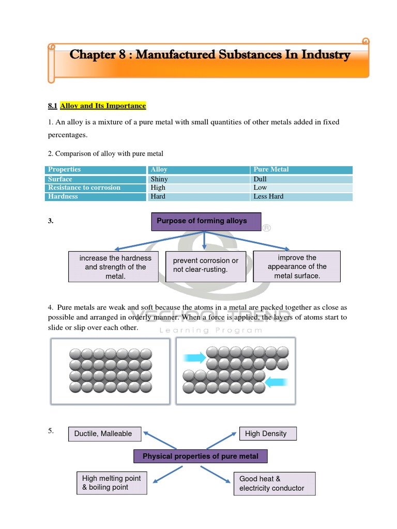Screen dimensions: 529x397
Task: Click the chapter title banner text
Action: tap(210, 55)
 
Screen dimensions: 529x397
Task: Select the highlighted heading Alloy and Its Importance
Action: tap(103, 106)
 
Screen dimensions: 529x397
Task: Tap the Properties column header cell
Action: tap(96, 169)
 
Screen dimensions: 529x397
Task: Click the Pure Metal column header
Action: tap(301, 169)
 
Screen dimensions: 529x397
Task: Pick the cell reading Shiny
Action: tap(198, 179)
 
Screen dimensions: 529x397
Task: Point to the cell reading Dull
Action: tap(301, 179)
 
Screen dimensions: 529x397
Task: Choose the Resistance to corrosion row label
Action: tap(96, 188)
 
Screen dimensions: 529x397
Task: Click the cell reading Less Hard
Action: tap(301, 196)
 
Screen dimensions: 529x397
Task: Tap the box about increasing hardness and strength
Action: tap(113, 267)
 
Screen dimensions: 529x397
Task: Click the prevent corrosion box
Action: tap(206, 266)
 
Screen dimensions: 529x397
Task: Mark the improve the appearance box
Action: tap(297, 267)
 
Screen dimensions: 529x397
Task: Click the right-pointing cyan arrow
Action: tap(194, 356)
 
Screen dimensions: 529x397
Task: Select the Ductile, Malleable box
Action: tap(104, 434)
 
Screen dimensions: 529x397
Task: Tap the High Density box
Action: tap(268, 434)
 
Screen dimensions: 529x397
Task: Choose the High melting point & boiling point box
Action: tap(111, 483)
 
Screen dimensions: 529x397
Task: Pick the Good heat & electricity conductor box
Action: tap(274, 484)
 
